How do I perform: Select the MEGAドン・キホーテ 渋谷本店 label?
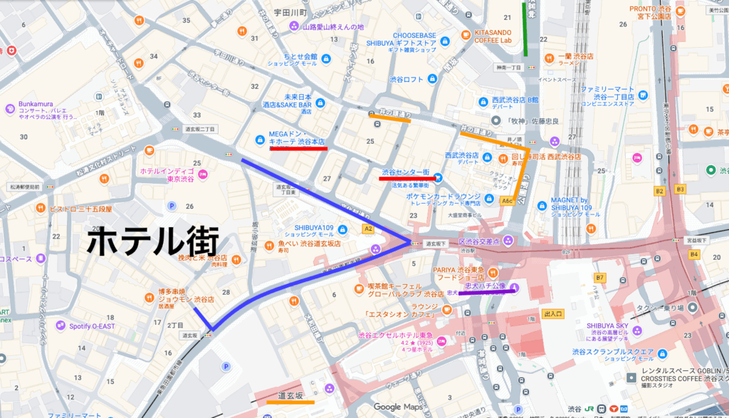(297, 138)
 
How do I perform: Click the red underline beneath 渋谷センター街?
(407, 179)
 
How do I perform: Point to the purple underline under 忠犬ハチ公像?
(483, 292)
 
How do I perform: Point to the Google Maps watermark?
(397, 407)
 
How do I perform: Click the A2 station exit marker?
(368, 229)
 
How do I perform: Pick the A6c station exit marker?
(507, 202)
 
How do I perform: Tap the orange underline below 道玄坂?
(290, 402)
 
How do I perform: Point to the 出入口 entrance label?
(552, 313)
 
